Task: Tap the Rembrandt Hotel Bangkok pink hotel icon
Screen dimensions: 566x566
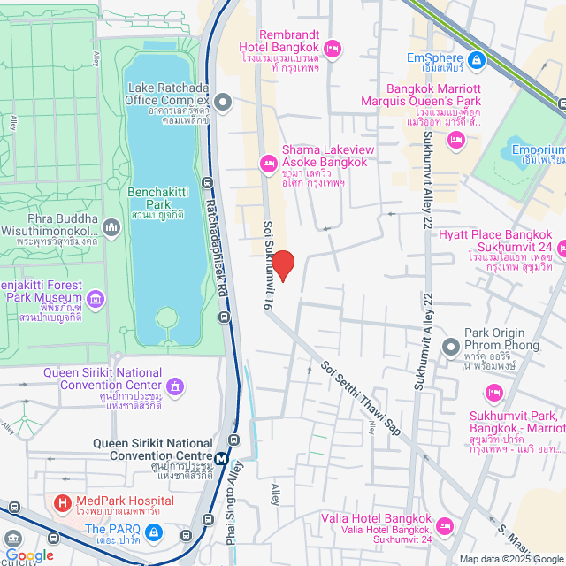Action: click(x=333, y=47)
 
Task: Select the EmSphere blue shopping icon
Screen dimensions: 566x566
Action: click(x=477, y=59)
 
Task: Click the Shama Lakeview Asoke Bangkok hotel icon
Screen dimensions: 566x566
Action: click(x=267, y=163)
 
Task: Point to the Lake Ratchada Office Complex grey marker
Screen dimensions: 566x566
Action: click(x=223, y=103)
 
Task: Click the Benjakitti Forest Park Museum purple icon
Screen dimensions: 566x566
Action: click(x=96, y=299)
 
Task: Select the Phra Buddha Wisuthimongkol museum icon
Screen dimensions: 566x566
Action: click(x=111, y=229)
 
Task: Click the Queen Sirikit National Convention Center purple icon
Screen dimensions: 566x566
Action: click(x=176, y=386)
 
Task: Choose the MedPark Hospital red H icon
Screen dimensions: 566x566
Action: click(x=63, y=506)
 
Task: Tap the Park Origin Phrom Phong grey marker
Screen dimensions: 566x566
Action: click(x=450, y=346)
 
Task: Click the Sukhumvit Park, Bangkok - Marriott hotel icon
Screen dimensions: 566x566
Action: click(x=493, y=392)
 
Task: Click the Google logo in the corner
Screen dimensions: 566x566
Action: click(x=28, y=555)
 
